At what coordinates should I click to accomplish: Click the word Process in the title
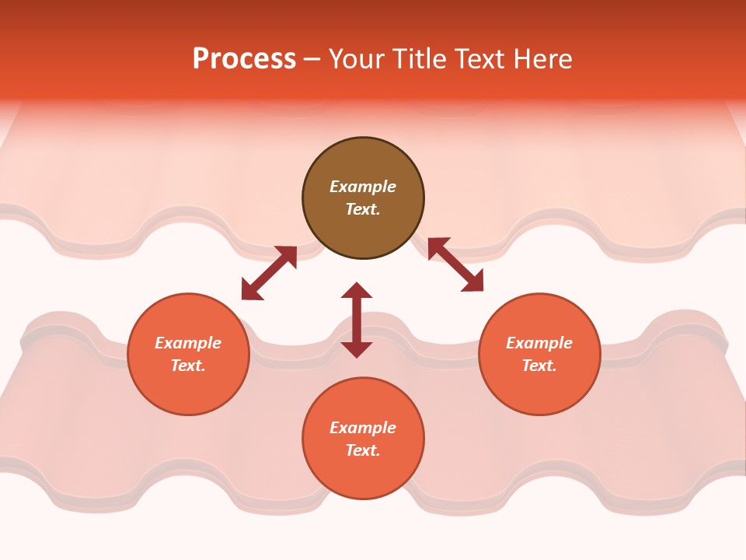point(244,59)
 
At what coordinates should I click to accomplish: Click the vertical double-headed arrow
point(357,320)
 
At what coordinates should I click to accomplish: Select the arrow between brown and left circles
point(269,273)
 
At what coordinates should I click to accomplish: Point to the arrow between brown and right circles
point(455,264)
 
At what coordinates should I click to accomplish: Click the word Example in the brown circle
point(363,187)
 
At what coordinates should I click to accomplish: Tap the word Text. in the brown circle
point(363,209)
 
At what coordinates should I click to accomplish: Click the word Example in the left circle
point(188,343)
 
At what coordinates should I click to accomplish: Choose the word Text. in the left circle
point(188,366)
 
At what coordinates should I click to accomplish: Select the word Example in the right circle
point(539,343)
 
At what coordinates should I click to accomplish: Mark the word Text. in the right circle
point(539,366)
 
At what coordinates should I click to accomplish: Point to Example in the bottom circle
point(363,428)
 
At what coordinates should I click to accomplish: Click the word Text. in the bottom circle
point(363,450)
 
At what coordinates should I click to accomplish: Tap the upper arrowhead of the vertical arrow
point(357,290)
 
